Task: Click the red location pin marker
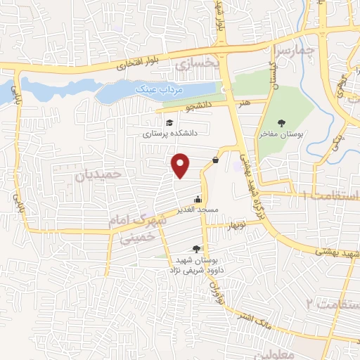coord(181,165)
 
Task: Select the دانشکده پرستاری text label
coord(172,133)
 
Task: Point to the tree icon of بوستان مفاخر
coord(282,123)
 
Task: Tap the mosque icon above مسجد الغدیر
coord(198,199)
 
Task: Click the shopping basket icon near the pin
coord(215,160)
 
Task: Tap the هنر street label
coord(244,103)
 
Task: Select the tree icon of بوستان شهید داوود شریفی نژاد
coord(196,249)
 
